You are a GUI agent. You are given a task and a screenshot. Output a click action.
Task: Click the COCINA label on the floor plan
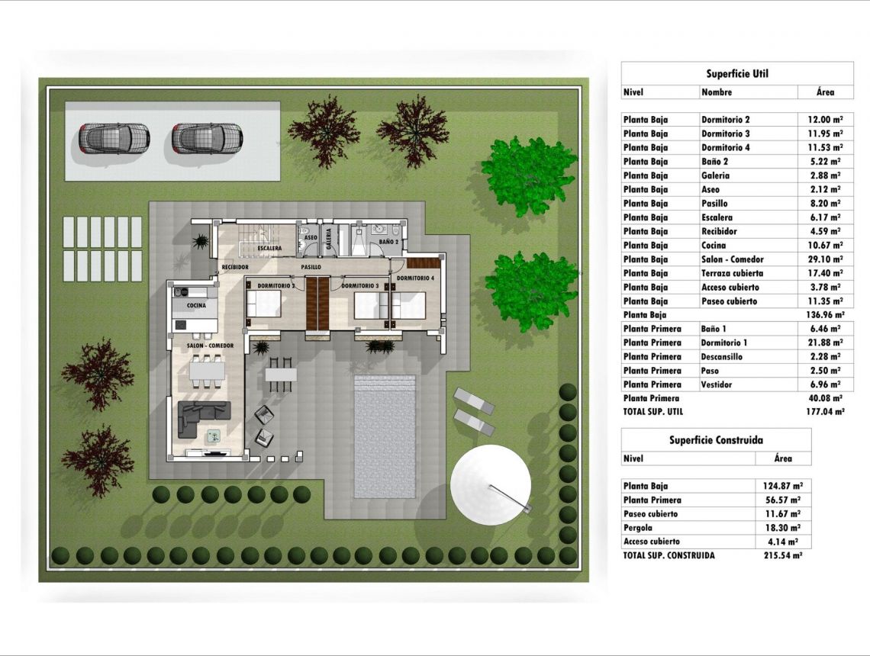[x=196, y=306]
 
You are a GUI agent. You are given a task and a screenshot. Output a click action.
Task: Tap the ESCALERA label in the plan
[x=269, y=249]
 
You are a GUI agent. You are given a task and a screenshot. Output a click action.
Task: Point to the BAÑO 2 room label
[x=389, y=242]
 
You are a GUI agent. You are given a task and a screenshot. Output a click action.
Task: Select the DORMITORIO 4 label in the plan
[x=416, y=278]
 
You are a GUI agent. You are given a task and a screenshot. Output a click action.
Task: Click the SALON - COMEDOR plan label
[x=210, y=346]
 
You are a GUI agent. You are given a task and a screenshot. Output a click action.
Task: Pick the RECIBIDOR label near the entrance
[x=235, y=267]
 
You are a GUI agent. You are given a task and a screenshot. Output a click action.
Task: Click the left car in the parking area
[x=114, y=139]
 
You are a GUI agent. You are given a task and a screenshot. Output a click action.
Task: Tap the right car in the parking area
[x=207, y=139]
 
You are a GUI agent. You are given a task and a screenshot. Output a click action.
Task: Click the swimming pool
[x=385, y=438]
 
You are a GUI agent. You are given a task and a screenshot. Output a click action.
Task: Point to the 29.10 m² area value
[x=825, y=259]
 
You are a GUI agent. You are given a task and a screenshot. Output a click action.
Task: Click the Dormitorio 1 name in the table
[x=724, y=342]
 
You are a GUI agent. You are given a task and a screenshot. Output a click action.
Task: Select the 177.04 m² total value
[x=825, y=411]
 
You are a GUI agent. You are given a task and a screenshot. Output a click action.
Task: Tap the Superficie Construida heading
[x=716, y=440]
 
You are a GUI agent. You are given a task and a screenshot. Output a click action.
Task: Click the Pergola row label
[x=637, y=528]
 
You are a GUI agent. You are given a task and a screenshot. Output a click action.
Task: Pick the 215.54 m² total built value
[x=783, y=555]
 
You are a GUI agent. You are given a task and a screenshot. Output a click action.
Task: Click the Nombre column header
[x=717, y=92]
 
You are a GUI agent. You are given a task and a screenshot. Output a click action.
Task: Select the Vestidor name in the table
[x=717, y=384]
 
